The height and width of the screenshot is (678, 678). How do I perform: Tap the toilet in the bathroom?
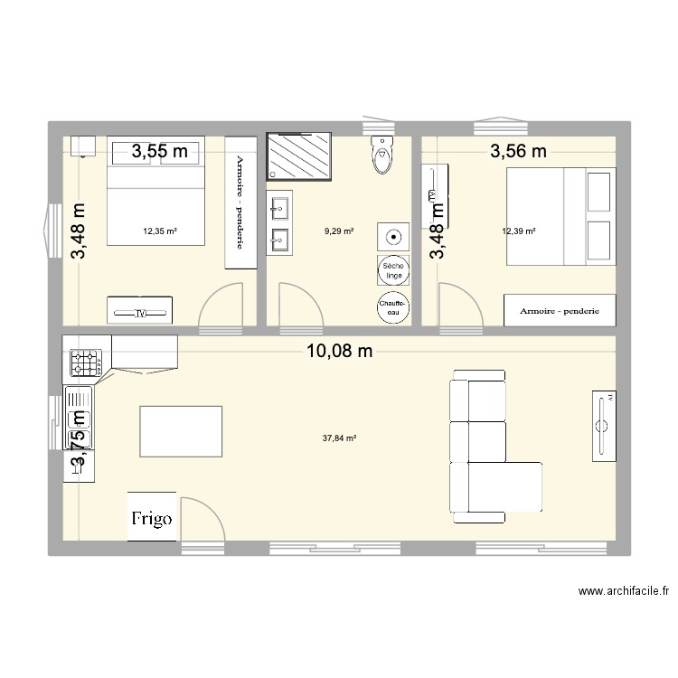click(383, 155)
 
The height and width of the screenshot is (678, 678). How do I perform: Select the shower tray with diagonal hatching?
click(298, 155)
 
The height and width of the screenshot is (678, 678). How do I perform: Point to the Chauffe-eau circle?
click(393, 306)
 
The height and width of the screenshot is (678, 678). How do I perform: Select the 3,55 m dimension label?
click(160, 152)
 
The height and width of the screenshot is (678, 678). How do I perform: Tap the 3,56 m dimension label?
click(518, 152)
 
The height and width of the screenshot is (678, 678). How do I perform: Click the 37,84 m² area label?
click(339, 438)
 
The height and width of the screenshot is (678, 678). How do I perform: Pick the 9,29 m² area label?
click(339, 231)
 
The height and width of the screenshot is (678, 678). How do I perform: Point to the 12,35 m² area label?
click(160, 231)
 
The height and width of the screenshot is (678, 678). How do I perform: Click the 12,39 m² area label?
click(519, 231)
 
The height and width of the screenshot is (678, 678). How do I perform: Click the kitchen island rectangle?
click(181, 432)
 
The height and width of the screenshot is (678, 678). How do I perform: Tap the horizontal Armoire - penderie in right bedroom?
click(560, 310)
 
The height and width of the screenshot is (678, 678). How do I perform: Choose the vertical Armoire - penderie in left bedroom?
click(240, 202)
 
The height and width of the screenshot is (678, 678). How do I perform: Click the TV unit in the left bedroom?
click(141, 310)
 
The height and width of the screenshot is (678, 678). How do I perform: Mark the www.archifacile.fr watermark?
click(623, 592)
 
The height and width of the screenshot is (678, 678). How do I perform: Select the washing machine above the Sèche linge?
click(393, 237)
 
